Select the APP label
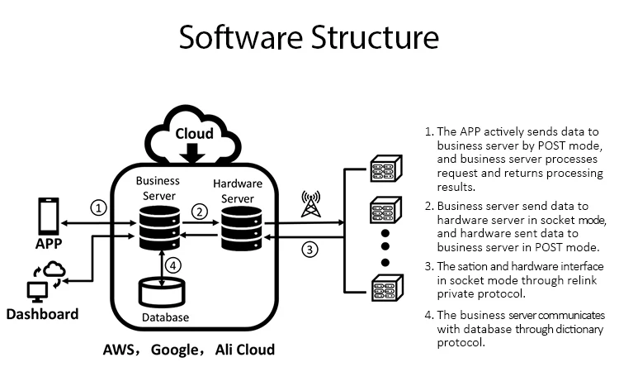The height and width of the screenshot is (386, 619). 48,244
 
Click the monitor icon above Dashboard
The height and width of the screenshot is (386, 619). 38,290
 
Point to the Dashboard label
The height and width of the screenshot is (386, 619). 42,314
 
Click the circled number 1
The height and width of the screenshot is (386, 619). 99,208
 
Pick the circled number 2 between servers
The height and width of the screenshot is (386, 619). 198,212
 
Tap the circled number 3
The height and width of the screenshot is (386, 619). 309,249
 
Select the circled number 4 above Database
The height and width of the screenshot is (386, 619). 172,266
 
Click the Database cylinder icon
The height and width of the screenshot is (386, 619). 162,294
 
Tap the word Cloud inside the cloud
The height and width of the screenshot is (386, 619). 194,133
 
